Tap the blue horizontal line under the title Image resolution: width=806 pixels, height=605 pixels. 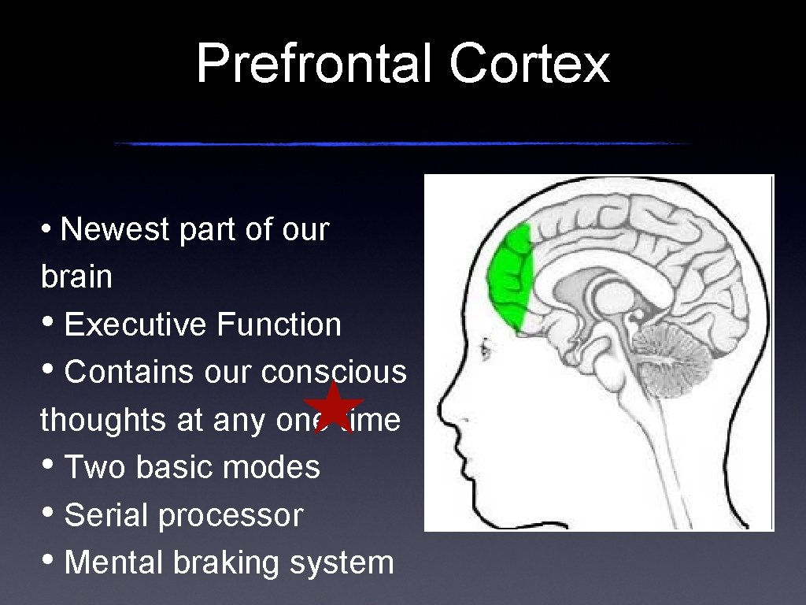401,143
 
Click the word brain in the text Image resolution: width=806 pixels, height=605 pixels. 76,277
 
